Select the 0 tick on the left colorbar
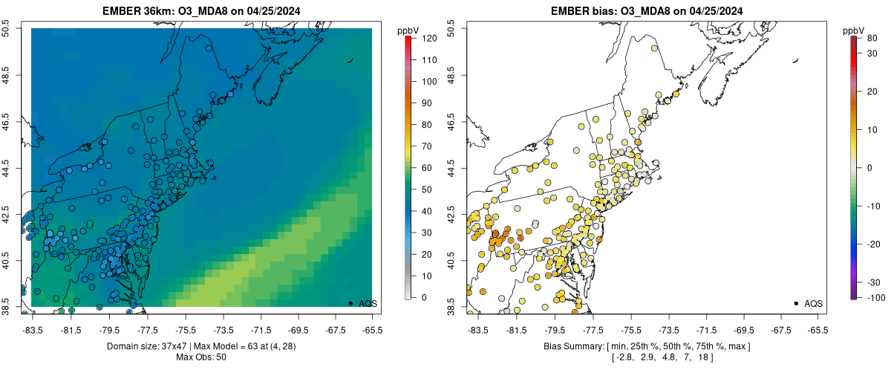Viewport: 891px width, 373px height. [x=420, y=297]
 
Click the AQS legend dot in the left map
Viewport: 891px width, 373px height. [x=350, y=303]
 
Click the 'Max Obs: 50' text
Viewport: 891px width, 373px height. [x=201, y=357]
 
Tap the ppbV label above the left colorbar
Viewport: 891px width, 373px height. [x=408, y=30]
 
